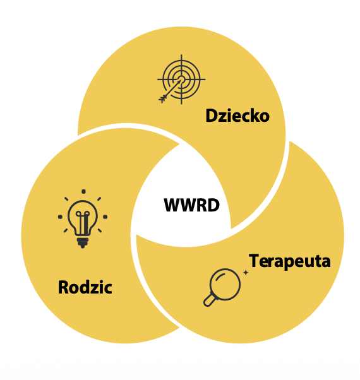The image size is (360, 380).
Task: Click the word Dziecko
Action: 237,116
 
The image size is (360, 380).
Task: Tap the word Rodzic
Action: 85,287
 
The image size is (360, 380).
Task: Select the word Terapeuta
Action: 290,261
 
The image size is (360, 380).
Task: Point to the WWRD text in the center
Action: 191,205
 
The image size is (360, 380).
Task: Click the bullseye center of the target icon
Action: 181,80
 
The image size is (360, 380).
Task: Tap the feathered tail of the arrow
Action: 163,98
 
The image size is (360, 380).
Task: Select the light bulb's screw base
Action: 83,242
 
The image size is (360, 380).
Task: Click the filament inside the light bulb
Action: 83,222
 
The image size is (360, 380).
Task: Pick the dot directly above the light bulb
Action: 83,191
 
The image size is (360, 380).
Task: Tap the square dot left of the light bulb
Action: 60,217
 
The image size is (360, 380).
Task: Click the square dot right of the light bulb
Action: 105,217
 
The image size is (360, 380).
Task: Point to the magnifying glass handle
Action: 210,300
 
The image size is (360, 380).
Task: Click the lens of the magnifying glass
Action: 225,284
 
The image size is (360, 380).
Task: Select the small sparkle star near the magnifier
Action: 246,273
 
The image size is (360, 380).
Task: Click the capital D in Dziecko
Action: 211,116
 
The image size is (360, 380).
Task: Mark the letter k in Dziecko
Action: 254,115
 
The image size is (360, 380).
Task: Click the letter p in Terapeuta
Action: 286,263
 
